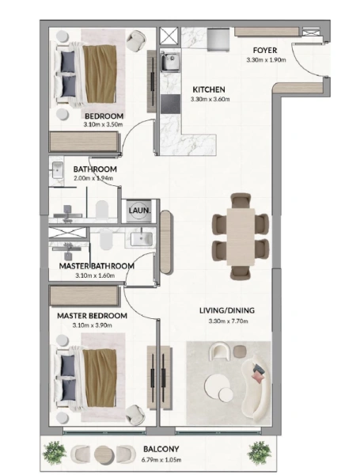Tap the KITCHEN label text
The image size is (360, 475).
pyautogui.click(x=209, y=89)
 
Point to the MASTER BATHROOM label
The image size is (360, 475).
pyautogui.click(x=96, y=266)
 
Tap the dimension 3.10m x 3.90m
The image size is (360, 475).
pyautogui.click(x=91, y=325)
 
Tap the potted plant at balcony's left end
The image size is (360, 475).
pyautogui.click(x=55, y=453)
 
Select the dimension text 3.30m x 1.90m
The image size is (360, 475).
pyautogui.click(x=265, y=59)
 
